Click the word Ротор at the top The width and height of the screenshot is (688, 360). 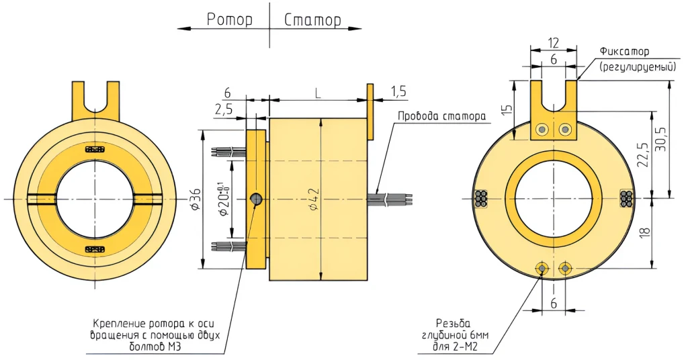pyautogui.click(x=230, y=19)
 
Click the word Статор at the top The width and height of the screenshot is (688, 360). pyautogui.click(x=312, y=19)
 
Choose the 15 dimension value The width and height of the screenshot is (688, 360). pyautogui.click(x=508, y=109)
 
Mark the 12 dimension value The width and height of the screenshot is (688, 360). pyautogui.click(x=553, y=43)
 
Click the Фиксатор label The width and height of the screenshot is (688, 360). pyautogui.click(x=624, y=52)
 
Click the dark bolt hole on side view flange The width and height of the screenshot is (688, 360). pyautogui.click(x=256, y=199)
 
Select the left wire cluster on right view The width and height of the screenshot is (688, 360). pyautogui.click(x=481, y=199)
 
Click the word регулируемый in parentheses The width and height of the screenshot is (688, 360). pyautogui.click(x=638, y=66)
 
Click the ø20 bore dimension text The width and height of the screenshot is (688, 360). pyautogui.click(x=220, y=199)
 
